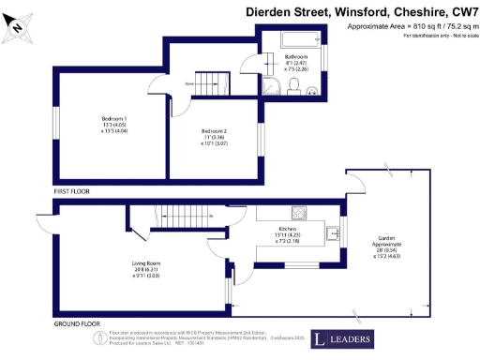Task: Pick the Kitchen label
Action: (x=287, y=234)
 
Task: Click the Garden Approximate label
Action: (x=386, y=244)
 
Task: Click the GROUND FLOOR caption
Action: (x=77, y=323)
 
